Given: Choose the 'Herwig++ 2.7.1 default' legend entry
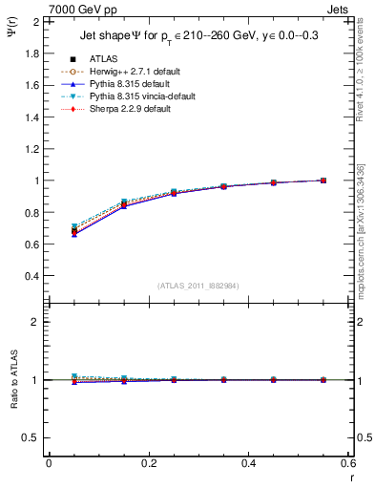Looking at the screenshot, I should [x=131, y=72].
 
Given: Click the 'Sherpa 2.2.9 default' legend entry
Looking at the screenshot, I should [x=127, y=109].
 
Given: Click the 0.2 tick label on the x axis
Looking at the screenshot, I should [x=148, y=462].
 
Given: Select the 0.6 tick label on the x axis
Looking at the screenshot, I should [x=347, y=462].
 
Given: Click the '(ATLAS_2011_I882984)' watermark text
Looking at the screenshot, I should [x=198, y=285].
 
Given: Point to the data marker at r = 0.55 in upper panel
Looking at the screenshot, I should [x=323, y=181].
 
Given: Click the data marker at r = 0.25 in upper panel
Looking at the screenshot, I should [x=174, y=192].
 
